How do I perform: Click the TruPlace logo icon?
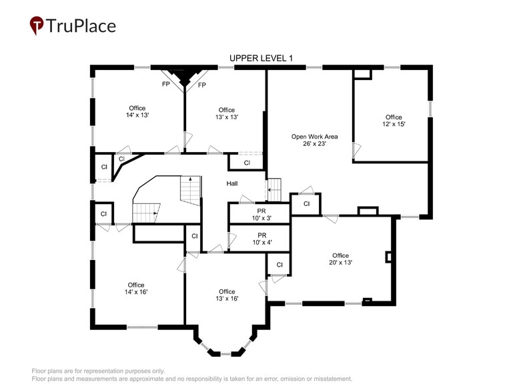pos(37,25)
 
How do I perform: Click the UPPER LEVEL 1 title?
pos(261,59)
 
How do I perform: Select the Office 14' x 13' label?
pos(137,111)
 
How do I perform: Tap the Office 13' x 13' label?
pos(226,113)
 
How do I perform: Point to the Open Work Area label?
pos(314,140)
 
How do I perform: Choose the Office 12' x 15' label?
pos(394,121)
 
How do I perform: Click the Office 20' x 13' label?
pos(340,259)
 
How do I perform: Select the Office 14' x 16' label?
pos(136,288)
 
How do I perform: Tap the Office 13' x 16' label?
pos(226,295)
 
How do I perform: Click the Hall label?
pos(232,184)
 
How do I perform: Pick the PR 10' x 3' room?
pos(259,214)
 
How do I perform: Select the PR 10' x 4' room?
pos(259,239)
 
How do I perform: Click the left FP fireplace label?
pos(165,85)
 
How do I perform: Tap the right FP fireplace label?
pos(201,85)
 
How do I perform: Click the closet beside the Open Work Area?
pos(306,204)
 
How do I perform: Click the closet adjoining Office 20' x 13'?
pos(279,265)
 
